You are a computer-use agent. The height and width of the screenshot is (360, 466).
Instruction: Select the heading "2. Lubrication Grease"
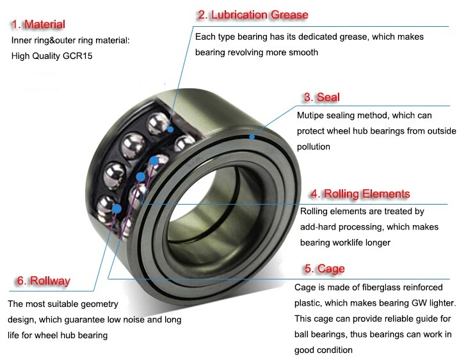coord(253,15)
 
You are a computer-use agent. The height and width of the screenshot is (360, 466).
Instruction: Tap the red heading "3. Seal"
coord(321,97)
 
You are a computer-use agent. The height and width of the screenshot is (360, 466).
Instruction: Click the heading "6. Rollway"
coord(43,281)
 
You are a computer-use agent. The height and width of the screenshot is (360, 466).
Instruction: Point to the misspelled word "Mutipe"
coord(311,116)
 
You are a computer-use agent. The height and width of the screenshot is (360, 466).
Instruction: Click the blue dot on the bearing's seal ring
coord(252,136)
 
